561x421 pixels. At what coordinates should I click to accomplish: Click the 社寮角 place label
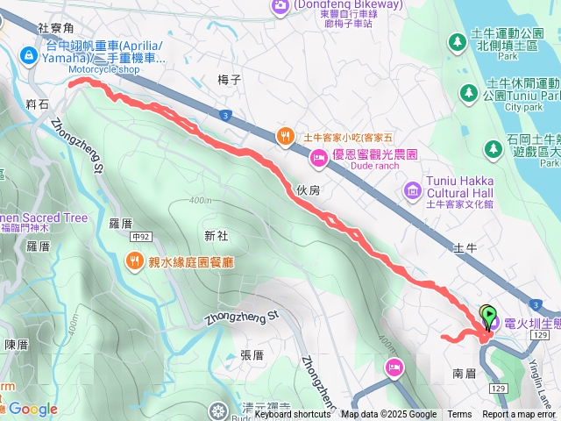tap(56, 27)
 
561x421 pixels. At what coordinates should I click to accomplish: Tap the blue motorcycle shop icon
tap(29, 56)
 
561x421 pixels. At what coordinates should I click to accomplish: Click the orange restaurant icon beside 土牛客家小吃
tap(286, 136)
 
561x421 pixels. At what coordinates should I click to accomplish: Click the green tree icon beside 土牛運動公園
tap(457, 41)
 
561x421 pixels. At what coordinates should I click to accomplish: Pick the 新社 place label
tap(216, 235)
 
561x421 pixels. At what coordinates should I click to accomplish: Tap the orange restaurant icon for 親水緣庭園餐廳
tap(134, 260)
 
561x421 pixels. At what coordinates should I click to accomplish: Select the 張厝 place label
tap(252, 355)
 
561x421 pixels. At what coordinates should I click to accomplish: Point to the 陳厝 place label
tap(17, 345)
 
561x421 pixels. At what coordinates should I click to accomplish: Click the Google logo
tap(32, 409)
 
